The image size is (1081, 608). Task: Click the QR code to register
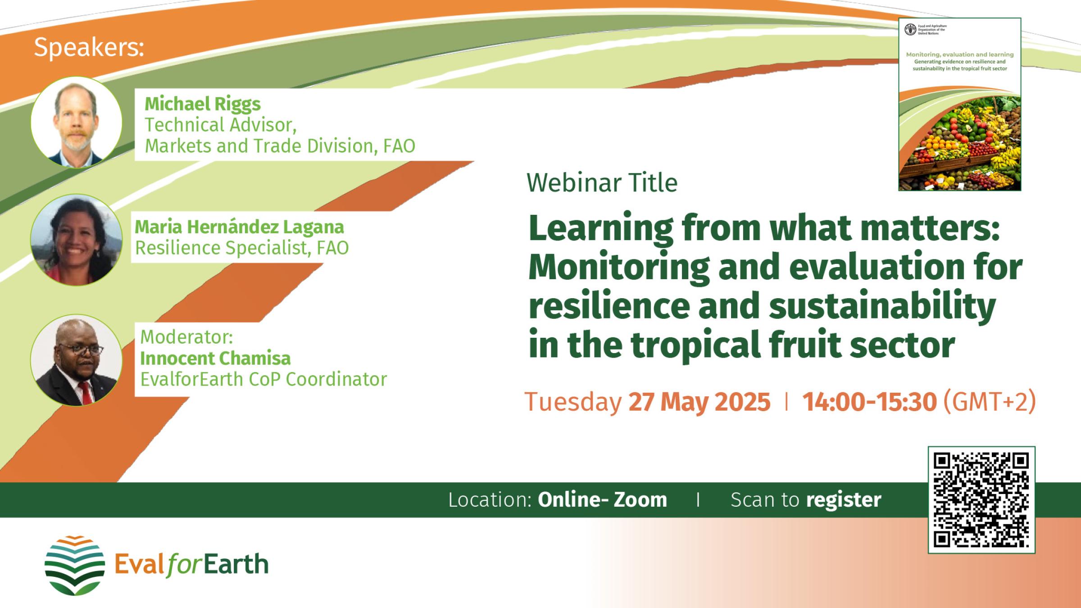coord(981,499)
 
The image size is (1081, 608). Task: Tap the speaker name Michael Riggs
coord(202,104)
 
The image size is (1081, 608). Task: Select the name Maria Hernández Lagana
coord(239,227)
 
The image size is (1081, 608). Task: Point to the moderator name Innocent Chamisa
coord(215,358)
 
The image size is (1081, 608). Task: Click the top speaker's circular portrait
coord(76,122)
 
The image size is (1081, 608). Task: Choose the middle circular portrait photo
coord(76,240)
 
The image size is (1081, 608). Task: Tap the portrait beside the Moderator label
coord(76,360)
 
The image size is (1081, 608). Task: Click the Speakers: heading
coord(89,47)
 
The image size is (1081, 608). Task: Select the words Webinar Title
coord(602,183)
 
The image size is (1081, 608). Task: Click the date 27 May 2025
coord(699,402)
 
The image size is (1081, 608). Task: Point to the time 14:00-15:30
coord(869,402)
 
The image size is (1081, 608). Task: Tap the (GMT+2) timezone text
coord(989,402)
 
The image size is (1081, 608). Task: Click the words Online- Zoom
coord(602,500)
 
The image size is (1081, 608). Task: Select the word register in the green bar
coord(843,500)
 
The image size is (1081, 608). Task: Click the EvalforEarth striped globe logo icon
coord(75,565)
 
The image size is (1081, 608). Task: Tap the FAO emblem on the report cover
coord(910,30)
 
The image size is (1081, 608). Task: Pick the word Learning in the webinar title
coord(600,229)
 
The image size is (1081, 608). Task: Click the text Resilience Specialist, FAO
coord(242,248)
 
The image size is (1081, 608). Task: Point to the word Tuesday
coord(573,402)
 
